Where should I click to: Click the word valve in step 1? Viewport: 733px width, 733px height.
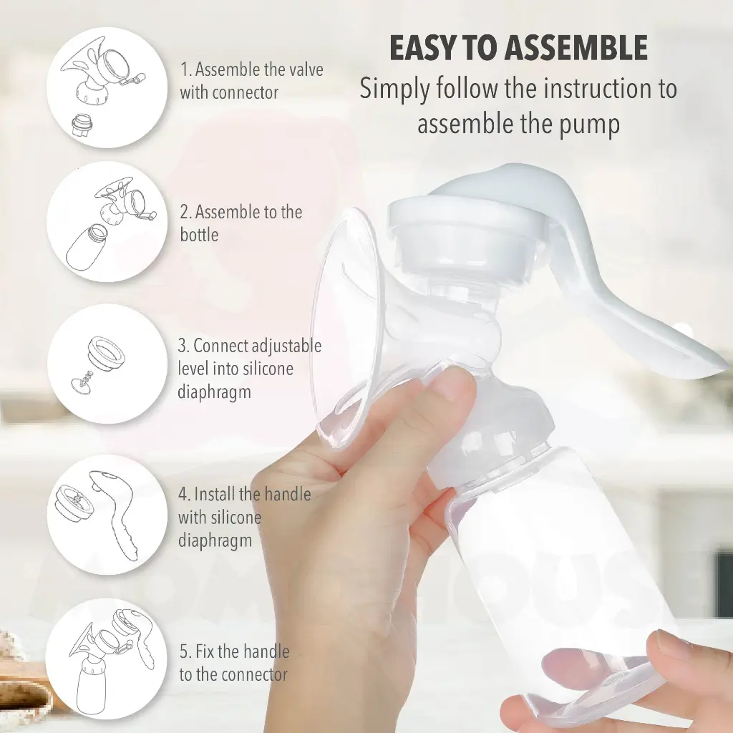point(304,69)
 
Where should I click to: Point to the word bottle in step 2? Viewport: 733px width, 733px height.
point(199,235)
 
